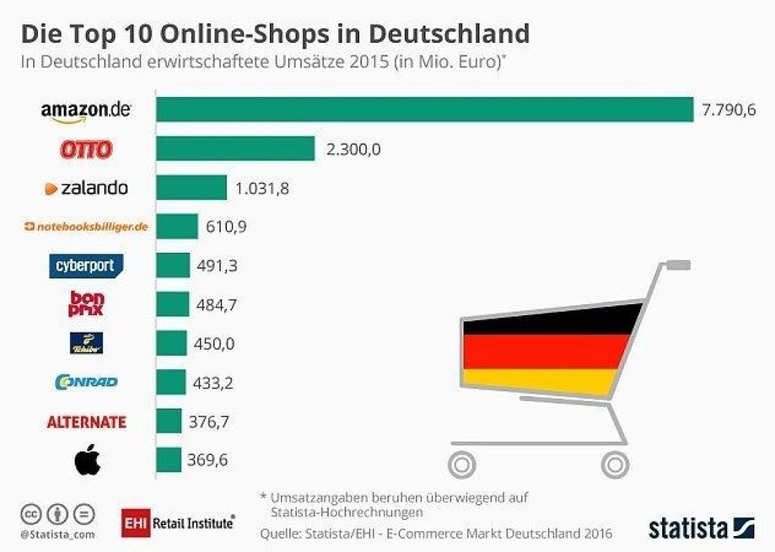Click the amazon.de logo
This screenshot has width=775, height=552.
(x=85, y=111)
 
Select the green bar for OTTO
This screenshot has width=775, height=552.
(x=235, y=148)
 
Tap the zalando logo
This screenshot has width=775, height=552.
(x=86, y=188)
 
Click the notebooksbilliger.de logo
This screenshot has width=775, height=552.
(x=86, y=226)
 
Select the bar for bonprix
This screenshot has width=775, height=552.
(x=172, y=304)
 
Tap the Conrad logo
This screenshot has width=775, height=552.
(x=86, y=382)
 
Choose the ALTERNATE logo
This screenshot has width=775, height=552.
(x=86, y=422)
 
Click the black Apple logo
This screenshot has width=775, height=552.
(x=87, y=461)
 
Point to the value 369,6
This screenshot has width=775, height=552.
(x=208, y=461)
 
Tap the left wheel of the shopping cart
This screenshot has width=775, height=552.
(x=462, y=463)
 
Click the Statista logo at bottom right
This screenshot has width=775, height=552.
(x=700, y=528)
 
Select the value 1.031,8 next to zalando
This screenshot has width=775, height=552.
(x=263, y=188)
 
